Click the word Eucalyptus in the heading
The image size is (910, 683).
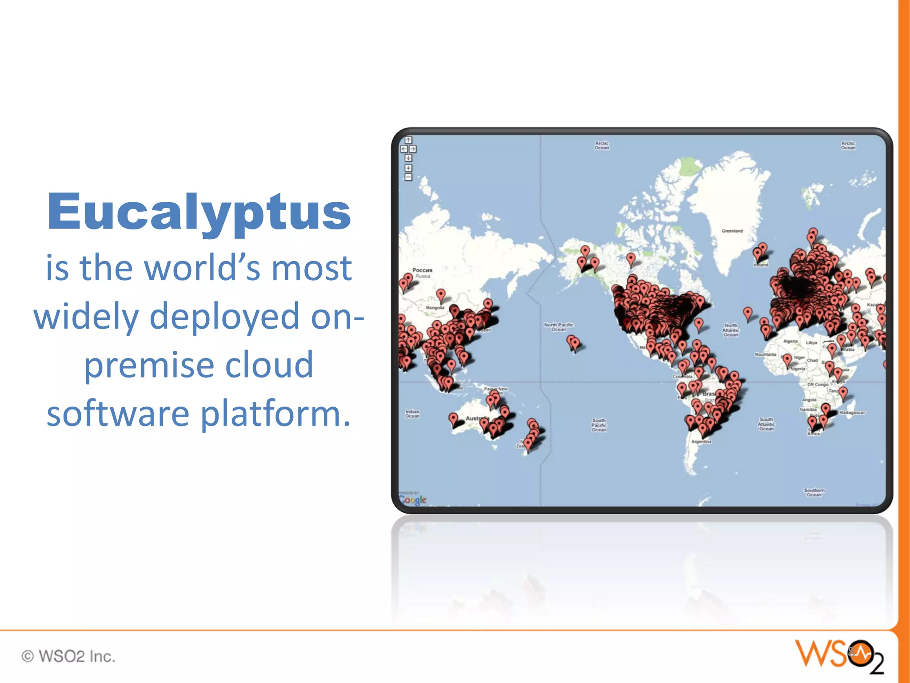click(x=199, y=213)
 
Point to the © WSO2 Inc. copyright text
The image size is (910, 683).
click(x=68, y=656)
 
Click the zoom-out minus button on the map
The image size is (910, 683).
click(x=408, y=177)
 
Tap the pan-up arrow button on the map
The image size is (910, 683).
click(x=408, y=140)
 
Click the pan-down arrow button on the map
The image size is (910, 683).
click(x=408, y=158)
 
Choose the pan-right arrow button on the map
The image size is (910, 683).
click(x=413, y=149)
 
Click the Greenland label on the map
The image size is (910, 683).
click(x=732, y=231)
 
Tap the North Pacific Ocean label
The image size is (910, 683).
click(x=559, y=327)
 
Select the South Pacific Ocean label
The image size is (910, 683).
click(x=599, y=425)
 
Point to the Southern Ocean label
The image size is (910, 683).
click(x=814, y=492)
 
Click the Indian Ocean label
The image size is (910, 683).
click(x=412, y=414)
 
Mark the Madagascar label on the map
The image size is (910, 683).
click(x=852, y=413)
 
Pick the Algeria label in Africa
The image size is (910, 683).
click(x=790, y=341)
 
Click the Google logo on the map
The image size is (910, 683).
click(x=413, y=500)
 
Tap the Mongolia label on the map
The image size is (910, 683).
click(x=435, y=308)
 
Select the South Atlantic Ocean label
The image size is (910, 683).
click(x=766, y=424)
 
